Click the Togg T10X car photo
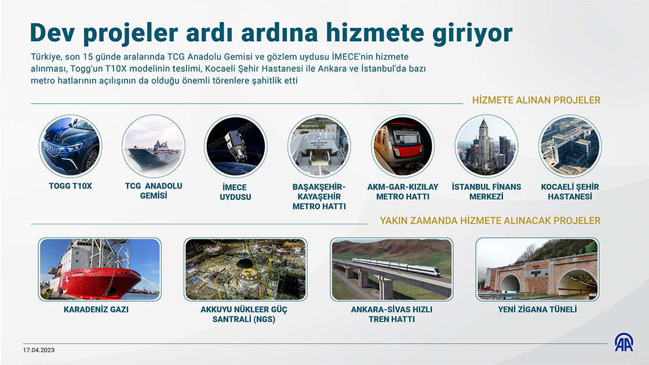pyautogui.click(x=70, y=146)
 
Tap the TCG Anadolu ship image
pyautogui.click(x=154, y=146)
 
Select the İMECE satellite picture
pyautogui.click(x=235, y=146)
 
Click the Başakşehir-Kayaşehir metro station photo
pyautogui.click(x=319, y=146)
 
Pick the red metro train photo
pyautogui.click(x=403, y=146)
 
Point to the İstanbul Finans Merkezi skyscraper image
pyautogui.click(x=486, y=146)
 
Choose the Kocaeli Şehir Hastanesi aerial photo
pyautogui.click(x=570, y=146)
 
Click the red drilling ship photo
pyautogui.click(x=100, y=269)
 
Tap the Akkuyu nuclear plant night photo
pyautogui.click(x=246, y=269)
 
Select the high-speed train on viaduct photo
pyautogui.click(x=392, y=269)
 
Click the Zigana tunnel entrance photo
pyautogui.click(x=537, y=269)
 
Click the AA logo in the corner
pyautogui.click(x=624, y=342)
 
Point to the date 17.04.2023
pyautogui.click(x=38, y=350)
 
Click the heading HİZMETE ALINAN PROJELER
pyautogui.click(x=536, y=100)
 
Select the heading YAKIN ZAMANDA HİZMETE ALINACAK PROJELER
pyautogui.click(x=490, y=221)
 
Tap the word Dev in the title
pyautogui.click(x=52, y=32)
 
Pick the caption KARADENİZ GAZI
pyautogui.click(x=96, y=309)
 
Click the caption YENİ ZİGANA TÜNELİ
pyautogui.click(x=537, y=309)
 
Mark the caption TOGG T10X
pyautogui.click(x=70, y=186)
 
